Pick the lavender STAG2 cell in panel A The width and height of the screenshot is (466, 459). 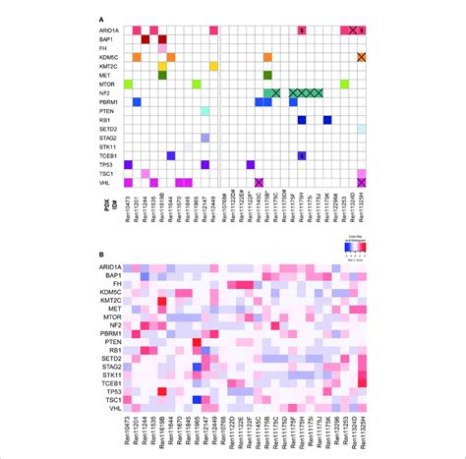pyautogui.click(x=204, y=138)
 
